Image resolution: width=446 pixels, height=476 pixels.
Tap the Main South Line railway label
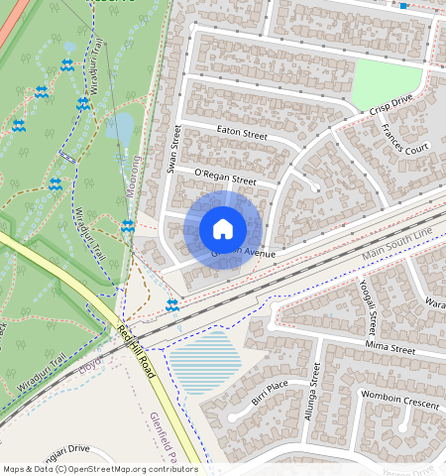397,246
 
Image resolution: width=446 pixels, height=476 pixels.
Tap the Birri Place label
269,386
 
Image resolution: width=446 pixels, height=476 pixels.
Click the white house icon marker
223,229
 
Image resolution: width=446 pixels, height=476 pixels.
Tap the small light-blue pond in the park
120,126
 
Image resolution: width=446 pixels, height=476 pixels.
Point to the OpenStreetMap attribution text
100,469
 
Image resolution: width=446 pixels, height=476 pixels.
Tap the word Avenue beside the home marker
253,254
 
